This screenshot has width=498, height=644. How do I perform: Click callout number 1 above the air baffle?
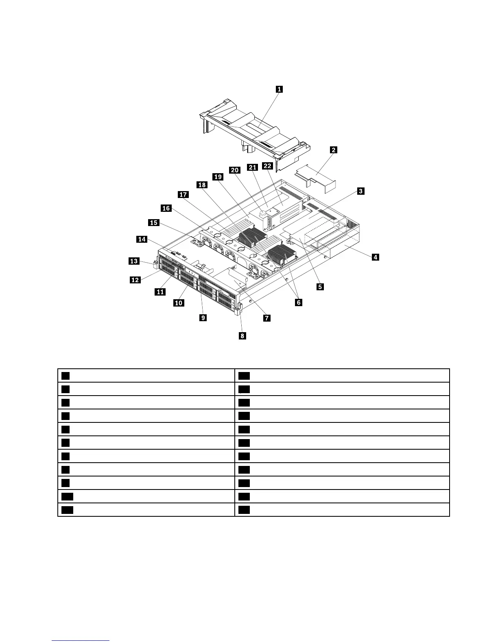pos(279,89)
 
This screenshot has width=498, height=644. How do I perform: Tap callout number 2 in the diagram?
pos(334,150)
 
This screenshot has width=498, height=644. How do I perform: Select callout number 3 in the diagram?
pos(360,191)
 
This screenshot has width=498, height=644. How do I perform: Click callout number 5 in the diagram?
pos(320,287)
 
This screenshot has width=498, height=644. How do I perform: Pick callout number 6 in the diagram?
pos(299,302)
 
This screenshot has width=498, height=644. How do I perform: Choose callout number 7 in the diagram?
pos(267,318)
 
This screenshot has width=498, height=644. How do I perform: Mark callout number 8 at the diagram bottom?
pos(242,335)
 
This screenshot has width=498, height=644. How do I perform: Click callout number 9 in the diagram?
pos(203,318)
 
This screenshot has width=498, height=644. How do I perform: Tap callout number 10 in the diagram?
pos(179,303)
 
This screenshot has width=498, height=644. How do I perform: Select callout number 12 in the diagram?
pos(135,280)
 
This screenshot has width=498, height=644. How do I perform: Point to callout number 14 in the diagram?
pos(142,239)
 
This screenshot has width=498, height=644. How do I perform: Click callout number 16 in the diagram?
pos(166,209)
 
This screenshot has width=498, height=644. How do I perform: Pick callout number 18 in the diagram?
pos(202,185)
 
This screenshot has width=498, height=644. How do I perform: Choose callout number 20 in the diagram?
pos(235,170)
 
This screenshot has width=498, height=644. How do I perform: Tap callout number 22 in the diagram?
pos(267,166)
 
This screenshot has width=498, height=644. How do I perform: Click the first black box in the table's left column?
pos(66,376)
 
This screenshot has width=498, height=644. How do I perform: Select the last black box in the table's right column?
pos(244,510)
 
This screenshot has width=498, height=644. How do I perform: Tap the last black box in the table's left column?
pos(68,510)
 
